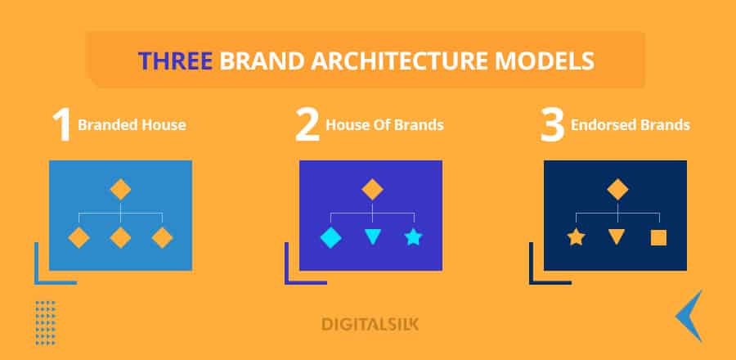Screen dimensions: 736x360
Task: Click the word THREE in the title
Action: (175, 61)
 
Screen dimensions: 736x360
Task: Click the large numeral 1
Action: (61, 125)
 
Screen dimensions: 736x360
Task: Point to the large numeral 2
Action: (307, 125)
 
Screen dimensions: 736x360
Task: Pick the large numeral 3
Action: (552, 125)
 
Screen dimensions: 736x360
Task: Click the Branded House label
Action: (132, 125)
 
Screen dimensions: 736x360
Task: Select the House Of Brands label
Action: (384, 125)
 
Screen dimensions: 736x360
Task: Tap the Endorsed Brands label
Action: (630, 125)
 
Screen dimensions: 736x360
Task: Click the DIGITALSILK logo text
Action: (370, 324)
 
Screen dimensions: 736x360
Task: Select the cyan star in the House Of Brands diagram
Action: (414, 237)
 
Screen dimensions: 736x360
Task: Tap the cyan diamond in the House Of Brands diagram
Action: (331, 237)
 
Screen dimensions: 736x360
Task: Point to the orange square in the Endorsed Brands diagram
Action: (658, 237)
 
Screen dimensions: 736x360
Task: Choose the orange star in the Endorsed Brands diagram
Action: (576, 237)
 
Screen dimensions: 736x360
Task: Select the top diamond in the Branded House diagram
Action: (121, 190)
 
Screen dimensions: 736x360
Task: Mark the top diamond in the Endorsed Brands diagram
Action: (617, 190)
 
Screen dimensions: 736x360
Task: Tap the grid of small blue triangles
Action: (46, 323)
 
